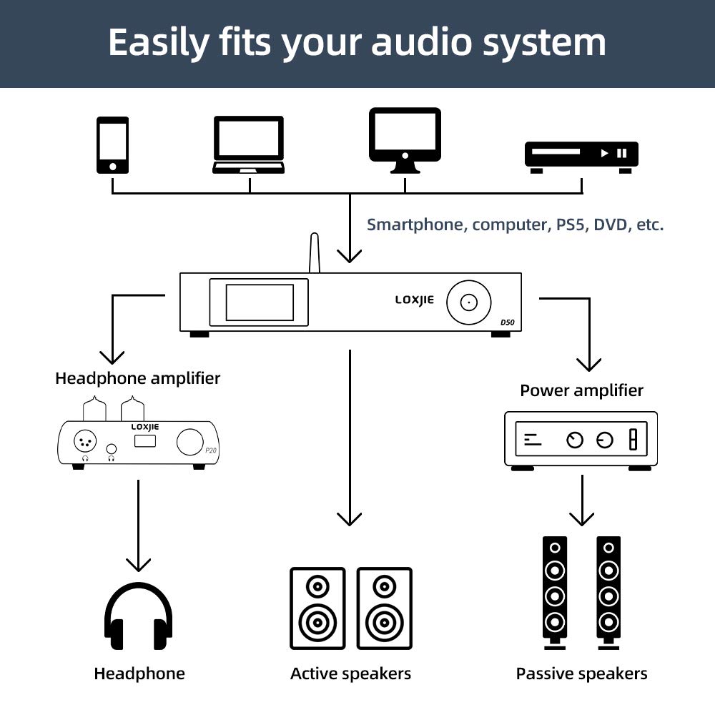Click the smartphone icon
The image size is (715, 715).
[x=113, y=145]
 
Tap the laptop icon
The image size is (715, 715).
[x=248, y=145]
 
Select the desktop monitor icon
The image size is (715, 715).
[x=405, y=139]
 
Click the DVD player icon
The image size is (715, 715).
[x=581, y=156]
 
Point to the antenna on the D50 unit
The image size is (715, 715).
[x=314, y=253]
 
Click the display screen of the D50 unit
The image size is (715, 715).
[x=260, y=302]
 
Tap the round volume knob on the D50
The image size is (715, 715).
[x=468, y=302]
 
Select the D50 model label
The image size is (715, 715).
[x=506, y=322]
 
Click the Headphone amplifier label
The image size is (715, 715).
[x=137, y=378]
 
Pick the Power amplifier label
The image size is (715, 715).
[x=581, y=390]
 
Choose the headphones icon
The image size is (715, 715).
[x=139, y=616]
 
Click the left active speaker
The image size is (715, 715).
[x=317, y=608]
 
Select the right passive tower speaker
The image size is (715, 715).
[x=608, y=592]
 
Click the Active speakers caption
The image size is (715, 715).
[x=350, y=674]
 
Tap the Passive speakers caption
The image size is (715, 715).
[x=581, y=674]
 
